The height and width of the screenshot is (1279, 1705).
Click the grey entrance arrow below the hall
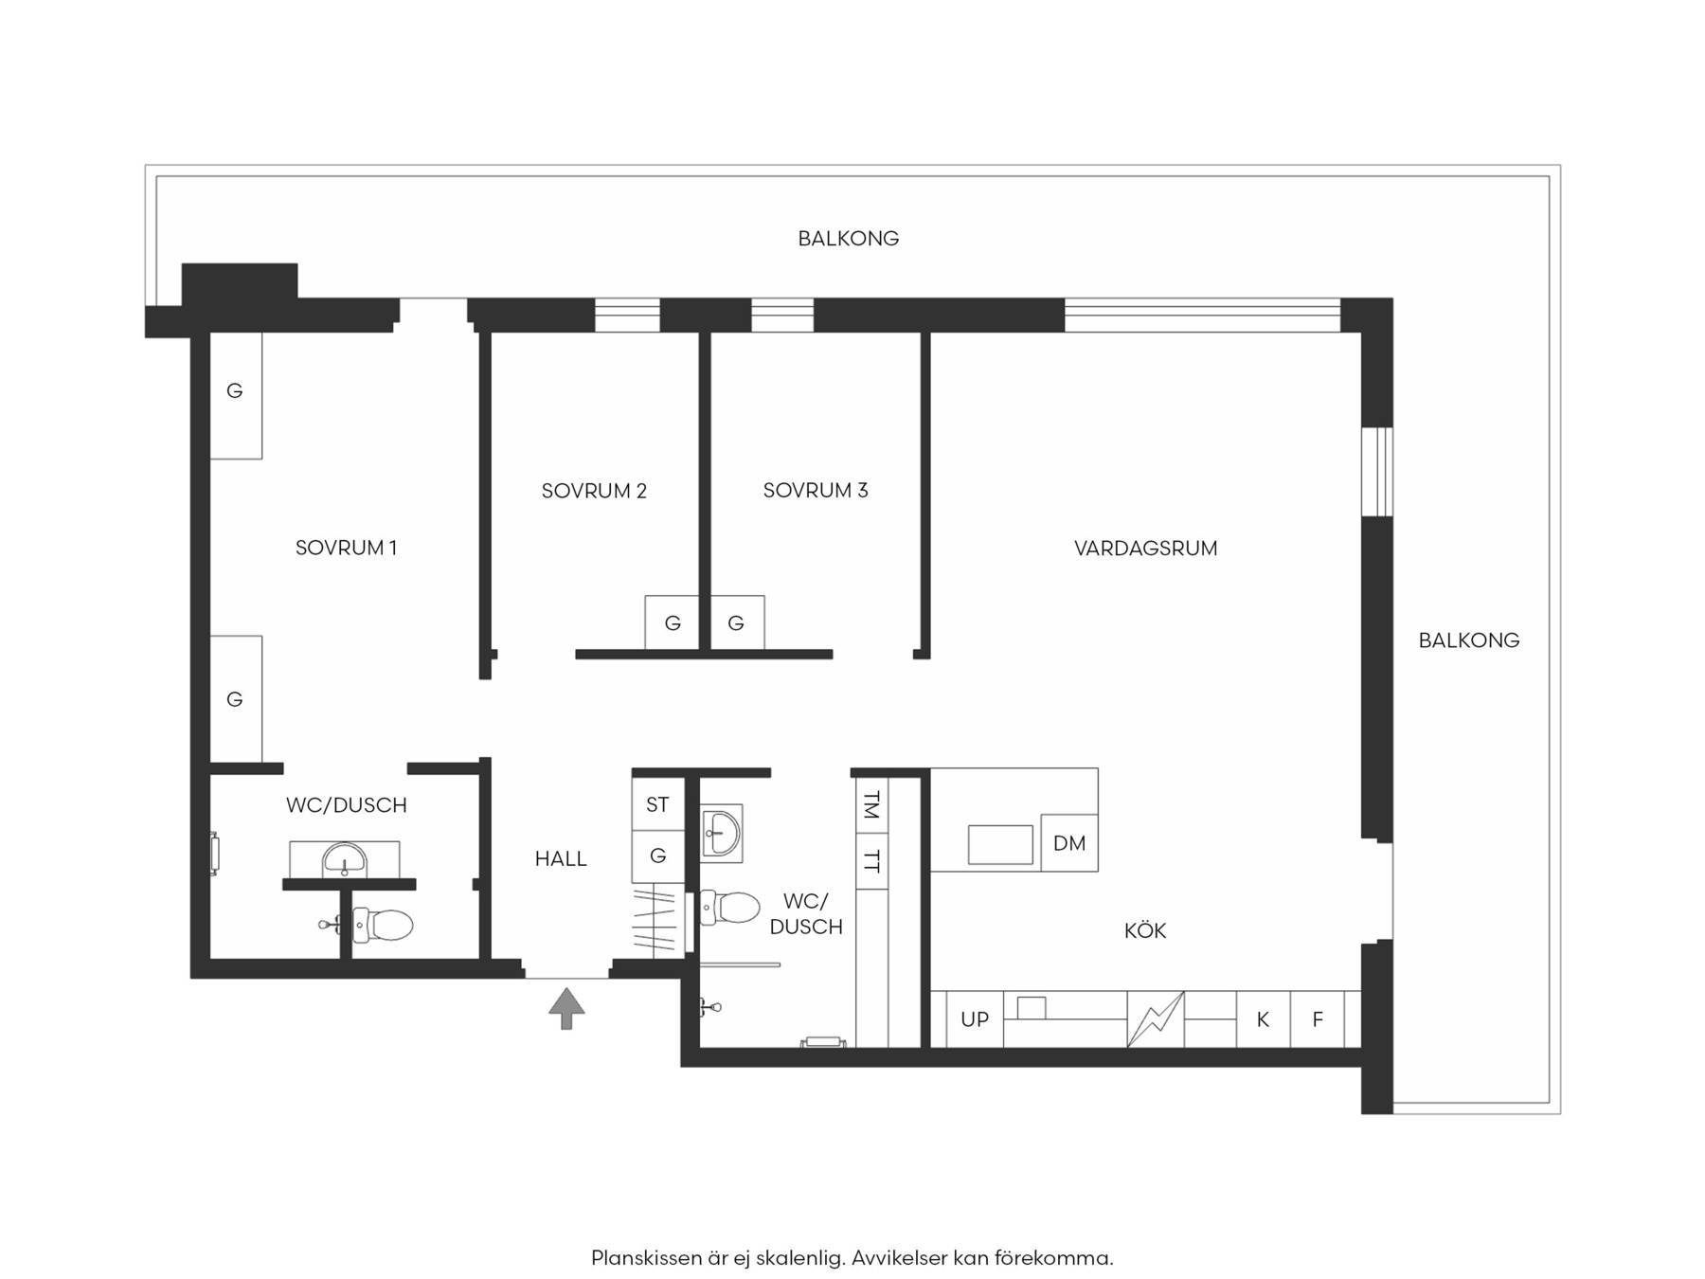[566, 1008]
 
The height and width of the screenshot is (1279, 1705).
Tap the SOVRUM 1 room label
[346, 548]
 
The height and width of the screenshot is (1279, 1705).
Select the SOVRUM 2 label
[594, 491]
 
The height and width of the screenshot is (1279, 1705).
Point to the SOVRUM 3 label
[816, 490]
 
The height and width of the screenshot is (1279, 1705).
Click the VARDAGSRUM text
[1145, 548]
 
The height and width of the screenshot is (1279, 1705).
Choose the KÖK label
[1145, 930]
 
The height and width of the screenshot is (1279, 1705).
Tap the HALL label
[561, 858]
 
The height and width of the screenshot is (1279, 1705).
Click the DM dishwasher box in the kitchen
[1069, 842]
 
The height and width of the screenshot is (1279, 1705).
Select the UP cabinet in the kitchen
[975, 1019]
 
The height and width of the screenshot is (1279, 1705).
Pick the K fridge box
[1263, 1019]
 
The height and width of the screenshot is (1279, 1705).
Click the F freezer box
[1318, 1019]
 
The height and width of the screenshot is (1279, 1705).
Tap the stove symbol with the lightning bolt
[1156, 1019]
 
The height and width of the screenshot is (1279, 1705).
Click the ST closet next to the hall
[657, 804]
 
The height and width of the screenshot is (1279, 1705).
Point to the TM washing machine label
[871, 805]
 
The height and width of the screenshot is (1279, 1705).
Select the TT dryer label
[871, 861]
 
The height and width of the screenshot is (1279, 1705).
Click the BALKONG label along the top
[849, 238]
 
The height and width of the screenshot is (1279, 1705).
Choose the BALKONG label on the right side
[1469, 640]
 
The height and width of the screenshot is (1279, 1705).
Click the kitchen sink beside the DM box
[1000, 844]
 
